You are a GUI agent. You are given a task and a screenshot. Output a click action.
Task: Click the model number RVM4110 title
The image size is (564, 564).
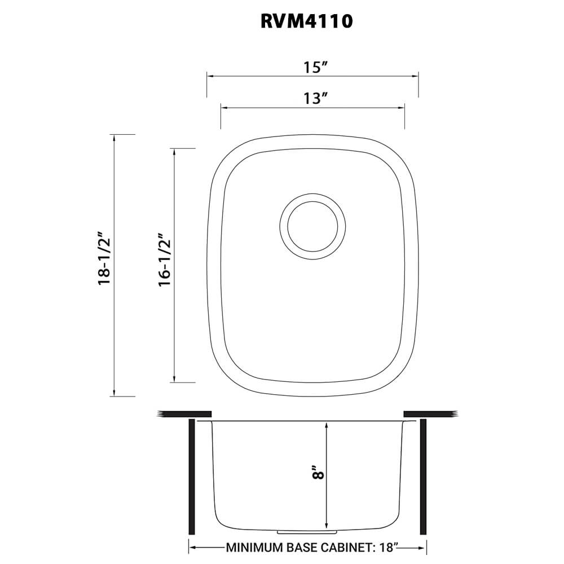coord(307,21)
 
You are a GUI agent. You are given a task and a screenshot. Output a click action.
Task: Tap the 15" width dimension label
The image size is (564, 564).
coord(316,68)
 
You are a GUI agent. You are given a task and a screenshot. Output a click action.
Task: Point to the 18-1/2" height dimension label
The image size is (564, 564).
coord(104,258)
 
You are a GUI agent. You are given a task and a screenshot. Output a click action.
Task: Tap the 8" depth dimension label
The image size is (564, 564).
coord(319,472)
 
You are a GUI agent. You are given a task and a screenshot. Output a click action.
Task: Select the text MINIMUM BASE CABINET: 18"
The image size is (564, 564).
coord(312,547)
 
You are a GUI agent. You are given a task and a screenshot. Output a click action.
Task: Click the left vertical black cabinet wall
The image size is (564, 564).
coord(192,477)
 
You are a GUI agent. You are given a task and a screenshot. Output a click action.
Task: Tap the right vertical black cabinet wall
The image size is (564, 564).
coord(423,477)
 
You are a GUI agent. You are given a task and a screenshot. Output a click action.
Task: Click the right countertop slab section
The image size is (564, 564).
coord(429,414)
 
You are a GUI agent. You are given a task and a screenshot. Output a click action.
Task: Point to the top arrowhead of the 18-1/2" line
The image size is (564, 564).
coord(114,138)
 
